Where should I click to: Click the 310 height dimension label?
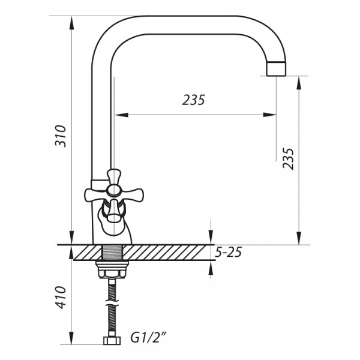pos(61,136)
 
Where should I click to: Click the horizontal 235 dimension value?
pos(193,100)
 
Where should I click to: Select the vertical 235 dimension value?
pos(288,159)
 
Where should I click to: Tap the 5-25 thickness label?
pos(228,252)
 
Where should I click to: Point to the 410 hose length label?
pos(61,297)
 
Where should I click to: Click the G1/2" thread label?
pos(148,338)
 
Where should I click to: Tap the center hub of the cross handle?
pos(113,191)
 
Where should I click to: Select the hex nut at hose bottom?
pos(112,340)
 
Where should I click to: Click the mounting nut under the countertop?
pos(112,269)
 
